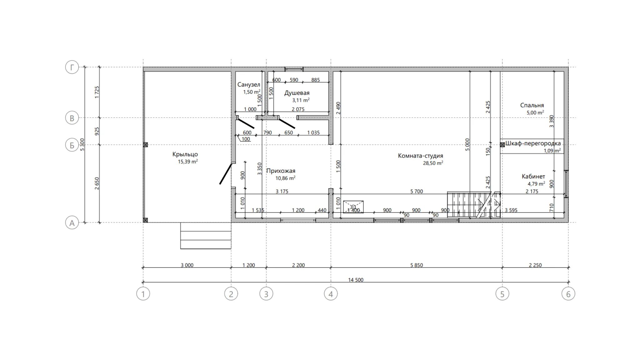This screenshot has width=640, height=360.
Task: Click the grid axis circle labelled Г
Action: (72, 67)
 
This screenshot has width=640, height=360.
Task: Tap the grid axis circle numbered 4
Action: (331, 294)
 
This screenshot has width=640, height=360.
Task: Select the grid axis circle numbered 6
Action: (568, 294)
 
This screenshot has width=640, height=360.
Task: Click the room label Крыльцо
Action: (185, 154)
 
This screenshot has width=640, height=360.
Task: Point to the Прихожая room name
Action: (281, 171)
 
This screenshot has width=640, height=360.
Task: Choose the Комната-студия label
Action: (420, 156)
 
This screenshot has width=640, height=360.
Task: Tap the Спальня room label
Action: (532, 105)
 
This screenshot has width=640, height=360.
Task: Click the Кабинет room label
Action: (533, 177)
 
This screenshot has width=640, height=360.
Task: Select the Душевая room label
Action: (297, 93)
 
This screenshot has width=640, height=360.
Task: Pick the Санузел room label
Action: (249, 85)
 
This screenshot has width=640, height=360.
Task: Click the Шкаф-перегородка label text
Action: (533, 143)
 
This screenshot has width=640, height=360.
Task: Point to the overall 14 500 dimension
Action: (356, 280)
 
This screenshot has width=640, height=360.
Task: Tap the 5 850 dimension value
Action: (417, 265)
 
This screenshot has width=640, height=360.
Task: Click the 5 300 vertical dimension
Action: (82, 145)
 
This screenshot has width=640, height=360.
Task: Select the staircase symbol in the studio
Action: (474, 205)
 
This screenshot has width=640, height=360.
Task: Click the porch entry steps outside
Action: (206, 236)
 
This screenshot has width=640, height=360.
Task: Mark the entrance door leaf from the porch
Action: (226, 173)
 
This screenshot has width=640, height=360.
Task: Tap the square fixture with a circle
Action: (353, 207)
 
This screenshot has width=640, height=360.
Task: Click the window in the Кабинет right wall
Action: (566, 184)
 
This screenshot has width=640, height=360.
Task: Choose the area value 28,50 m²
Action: (433, 163)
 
